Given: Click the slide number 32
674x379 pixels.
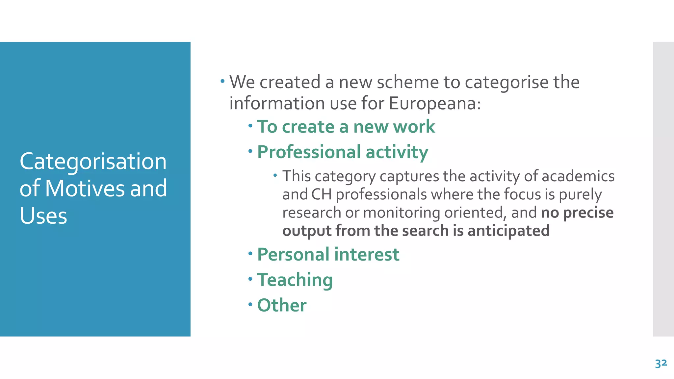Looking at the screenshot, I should pos(661,364).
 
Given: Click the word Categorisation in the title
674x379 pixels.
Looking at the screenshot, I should pos(93,162).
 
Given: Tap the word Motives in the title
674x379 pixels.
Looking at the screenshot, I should pos(85,189).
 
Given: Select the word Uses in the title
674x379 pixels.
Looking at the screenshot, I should pos(43,216).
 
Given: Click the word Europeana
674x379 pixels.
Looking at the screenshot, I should pos(434,103).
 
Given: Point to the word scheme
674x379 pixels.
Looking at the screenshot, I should pos(408,82).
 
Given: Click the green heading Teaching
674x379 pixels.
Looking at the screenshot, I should pos(295,280).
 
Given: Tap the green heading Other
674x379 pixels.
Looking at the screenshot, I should pos(282,305).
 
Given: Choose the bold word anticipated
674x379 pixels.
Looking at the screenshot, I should pos(508,231).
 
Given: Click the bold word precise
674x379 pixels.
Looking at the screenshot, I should pos(588,213).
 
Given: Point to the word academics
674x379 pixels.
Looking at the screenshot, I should pos(578,176).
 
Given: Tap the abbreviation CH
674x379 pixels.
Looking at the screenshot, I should pos(321,194).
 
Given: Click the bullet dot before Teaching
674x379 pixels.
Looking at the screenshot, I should pos(250,279).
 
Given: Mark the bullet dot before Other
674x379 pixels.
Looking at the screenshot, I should pos(250,304).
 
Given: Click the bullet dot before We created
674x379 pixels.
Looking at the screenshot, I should pos(223,81).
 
